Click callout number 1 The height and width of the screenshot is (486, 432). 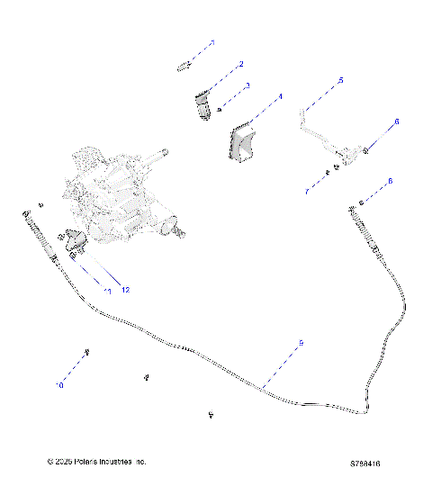point(213,42)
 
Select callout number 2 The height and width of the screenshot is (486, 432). point(240,64)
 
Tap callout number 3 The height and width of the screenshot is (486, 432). point(248,85)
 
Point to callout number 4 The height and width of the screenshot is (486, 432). point(280,96)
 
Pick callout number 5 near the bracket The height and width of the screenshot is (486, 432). point(341,81)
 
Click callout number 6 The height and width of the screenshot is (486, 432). point(395,121)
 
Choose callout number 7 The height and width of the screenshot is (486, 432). point(306,191)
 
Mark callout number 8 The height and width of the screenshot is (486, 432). point(390,182)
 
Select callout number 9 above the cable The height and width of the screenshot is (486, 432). point(301,343)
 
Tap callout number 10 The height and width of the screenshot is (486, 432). point(60,385)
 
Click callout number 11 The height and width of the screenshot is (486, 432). point(107,291)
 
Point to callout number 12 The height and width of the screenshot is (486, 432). point(125,289)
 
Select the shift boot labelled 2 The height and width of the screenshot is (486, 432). point(202,103)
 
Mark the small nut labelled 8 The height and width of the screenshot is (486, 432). point(361,201)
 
